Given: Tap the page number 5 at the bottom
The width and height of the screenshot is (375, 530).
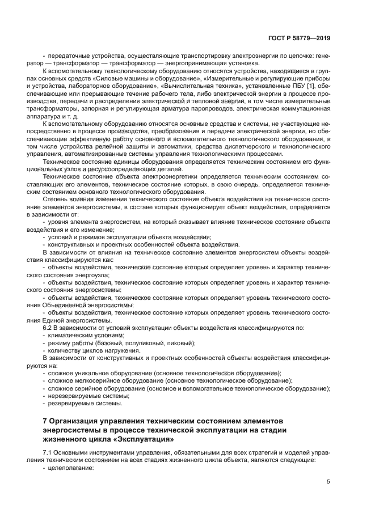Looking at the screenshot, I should pyautogui.click(x=328, y=481).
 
